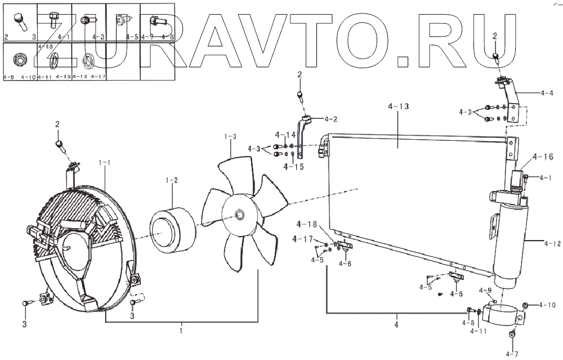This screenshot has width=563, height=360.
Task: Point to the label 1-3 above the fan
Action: tap(231, 137)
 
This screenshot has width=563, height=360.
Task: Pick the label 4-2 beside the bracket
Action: tap(330, 119)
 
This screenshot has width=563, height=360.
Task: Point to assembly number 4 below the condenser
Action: tap(397, 326)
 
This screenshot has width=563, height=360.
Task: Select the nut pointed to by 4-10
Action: tap(526, 306)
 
